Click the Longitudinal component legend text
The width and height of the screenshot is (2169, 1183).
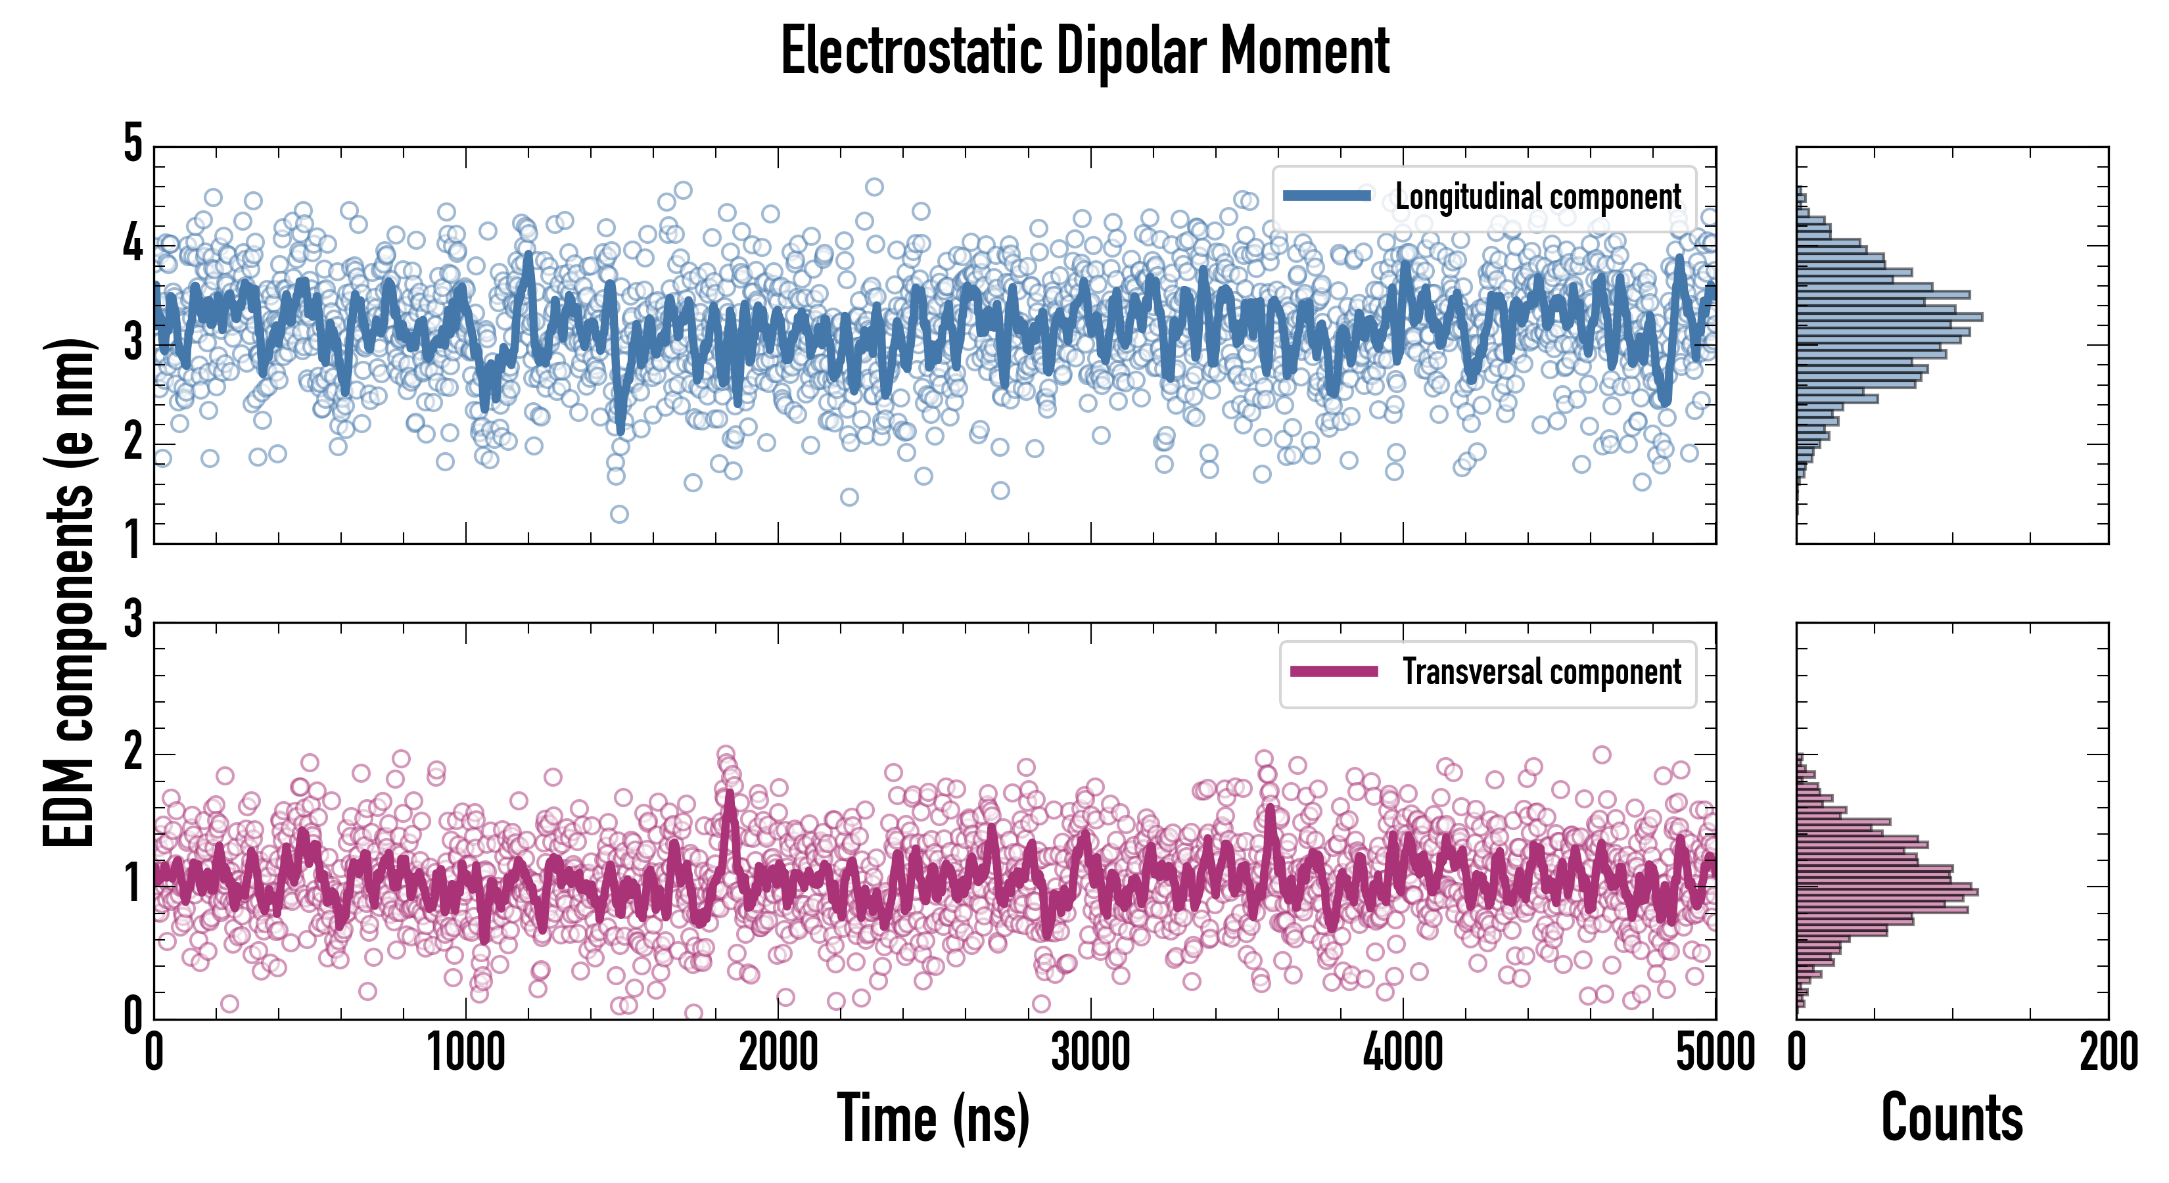point(1537,197)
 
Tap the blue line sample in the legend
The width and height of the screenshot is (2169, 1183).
point(1327,197)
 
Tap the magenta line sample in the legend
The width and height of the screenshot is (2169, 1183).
point(1334,672)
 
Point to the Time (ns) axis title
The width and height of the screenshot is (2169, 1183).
point(933,1118)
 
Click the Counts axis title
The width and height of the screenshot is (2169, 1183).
point(1951,1118)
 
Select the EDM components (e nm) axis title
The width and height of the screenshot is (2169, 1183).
point(69,593)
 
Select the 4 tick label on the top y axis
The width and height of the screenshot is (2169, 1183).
point(133,244)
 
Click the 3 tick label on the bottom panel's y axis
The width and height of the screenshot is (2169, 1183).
point(133,621)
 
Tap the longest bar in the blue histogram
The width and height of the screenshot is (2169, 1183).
point(1890,317)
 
